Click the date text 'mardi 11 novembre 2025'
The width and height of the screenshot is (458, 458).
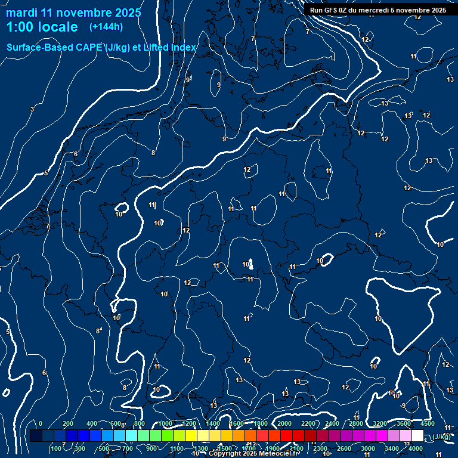(x=73, y=13)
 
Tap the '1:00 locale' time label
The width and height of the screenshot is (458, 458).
(x=42, y=27)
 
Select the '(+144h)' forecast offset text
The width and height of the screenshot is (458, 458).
(x=106, y=26)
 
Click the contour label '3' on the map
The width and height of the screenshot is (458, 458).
(x=32, y=109)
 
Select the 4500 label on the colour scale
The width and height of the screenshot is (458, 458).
(x=427, y=423)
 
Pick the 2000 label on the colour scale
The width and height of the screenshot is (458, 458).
(x=284, y=423)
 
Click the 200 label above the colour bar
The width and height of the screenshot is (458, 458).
(x=68, y=423)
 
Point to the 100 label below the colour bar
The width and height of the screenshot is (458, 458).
(x=57, y=448)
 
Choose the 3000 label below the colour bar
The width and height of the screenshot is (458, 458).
(x=368, y=448)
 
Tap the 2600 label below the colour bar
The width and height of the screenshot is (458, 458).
(x=344, y=448)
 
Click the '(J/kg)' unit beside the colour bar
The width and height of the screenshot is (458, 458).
(x=442, y=436)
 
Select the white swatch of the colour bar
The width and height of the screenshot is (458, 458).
(x=417, y=436)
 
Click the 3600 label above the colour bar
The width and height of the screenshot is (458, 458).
(x=404, y=423)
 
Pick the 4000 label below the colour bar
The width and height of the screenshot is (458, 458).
(x=416, y=448)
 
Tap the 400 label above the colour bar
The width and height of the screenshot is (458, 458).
(x=92, y=423)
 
